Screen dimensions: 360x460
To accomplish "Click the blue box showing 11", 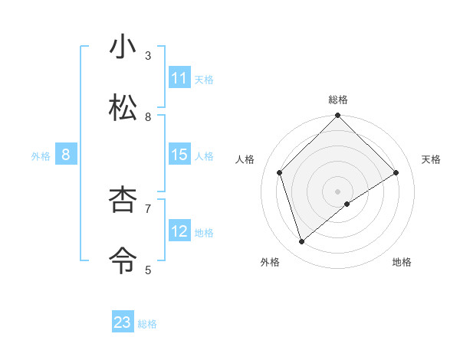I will [179, 78].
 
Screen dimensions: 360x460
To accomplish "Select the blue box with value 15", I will [179, 155].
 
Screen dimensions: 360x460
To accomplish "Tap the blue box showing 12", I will [179, 231].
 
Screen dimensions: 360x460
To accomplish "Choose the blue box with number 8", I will [66, 155].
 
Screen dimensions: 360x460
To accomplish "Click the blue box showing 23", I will [123, 322].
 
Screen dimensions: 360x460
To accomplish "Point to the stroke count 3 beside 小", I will [148, 56].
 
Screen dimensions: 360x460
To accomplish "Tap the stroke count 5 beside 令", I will [148, 270].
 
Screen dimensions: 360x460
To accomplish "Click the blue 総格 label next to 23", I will [147, 324].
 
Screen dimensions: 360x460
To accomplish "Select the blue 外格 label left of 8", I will [41, 156].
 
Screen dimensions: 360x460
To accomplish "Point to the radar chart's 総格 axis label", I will [338, 100].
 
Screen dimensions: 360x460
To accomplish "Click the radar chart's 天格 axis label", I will [432, 159].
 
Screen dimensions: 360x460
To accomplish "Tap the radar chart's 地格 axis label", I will [402, 262].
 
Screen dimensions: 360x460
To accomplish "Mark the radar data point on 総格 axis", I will [338, 116].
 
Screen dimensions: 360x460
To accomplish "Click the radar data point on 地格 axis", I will [347, 204].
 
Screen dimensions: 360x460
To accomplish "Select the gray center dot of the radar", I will [338, 191].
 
